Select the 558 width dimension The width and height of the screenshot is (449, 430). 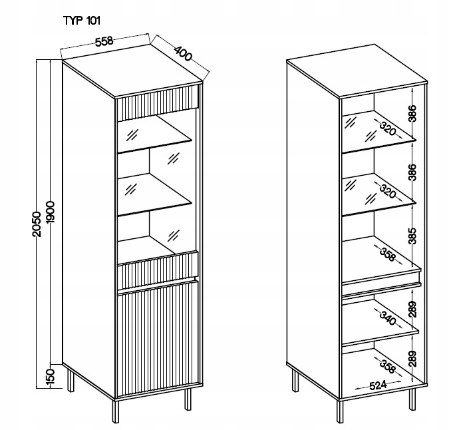[x=103, y=41]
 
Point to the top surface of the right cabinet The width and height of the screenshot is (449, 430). [x=356, y=73]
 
